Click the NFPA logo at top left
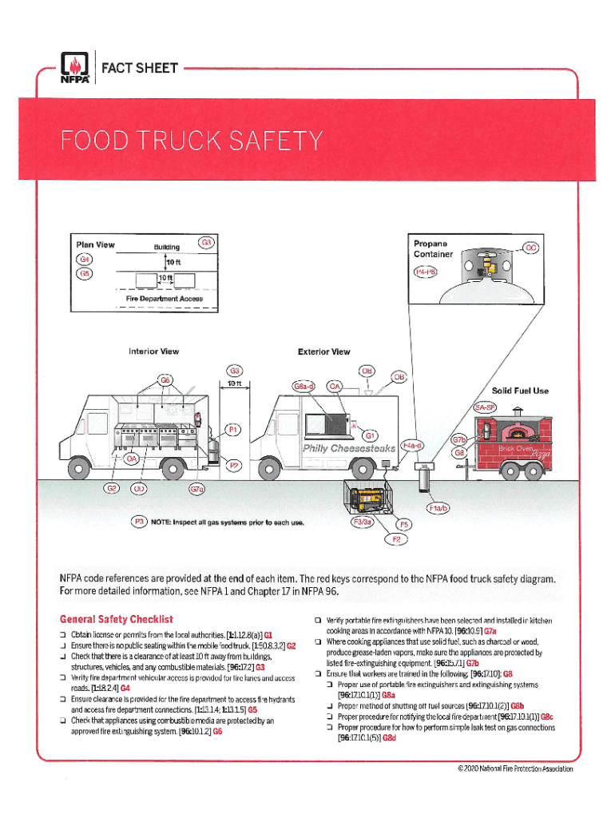75,69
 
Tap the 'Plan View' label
95,244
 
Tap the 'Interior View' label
153,351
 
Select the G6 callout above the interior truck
166,380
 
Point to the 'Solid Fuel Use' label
520,391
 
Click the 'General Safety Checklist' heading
117,619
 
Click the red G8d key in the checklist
389,738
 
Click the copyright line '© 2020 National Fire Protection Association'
515,769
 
